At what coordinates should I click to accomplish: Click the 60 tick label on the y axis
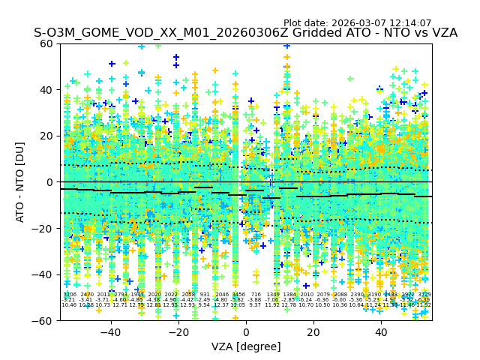47,43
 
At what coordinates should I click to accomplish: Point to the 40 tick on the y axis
47,90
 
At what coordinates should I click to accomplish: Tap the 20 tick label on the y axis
47,136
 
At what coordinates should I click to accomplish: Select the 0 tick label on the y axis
50,182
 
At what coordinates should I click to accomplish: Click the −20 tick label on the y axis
44,228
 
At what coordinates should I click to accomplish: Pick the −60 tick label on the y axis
44,320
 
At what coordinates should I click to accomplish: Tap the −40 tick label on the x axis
110,332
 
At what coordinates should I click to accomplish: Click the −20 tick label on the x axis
178,332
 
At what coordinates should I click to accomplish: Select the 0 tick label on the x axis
246,332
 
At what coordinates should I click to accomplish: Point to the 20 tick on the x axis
313,332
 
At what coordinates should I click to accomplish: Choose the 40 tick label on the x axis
381,332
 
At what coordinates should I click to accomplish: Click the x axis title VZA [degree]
246,346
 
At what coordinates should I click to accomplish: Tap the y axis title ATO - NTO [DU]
20,182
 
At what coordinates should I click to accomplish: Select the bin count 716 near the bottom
256,295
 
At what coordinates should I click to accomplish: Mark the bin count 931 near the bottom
205,295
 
